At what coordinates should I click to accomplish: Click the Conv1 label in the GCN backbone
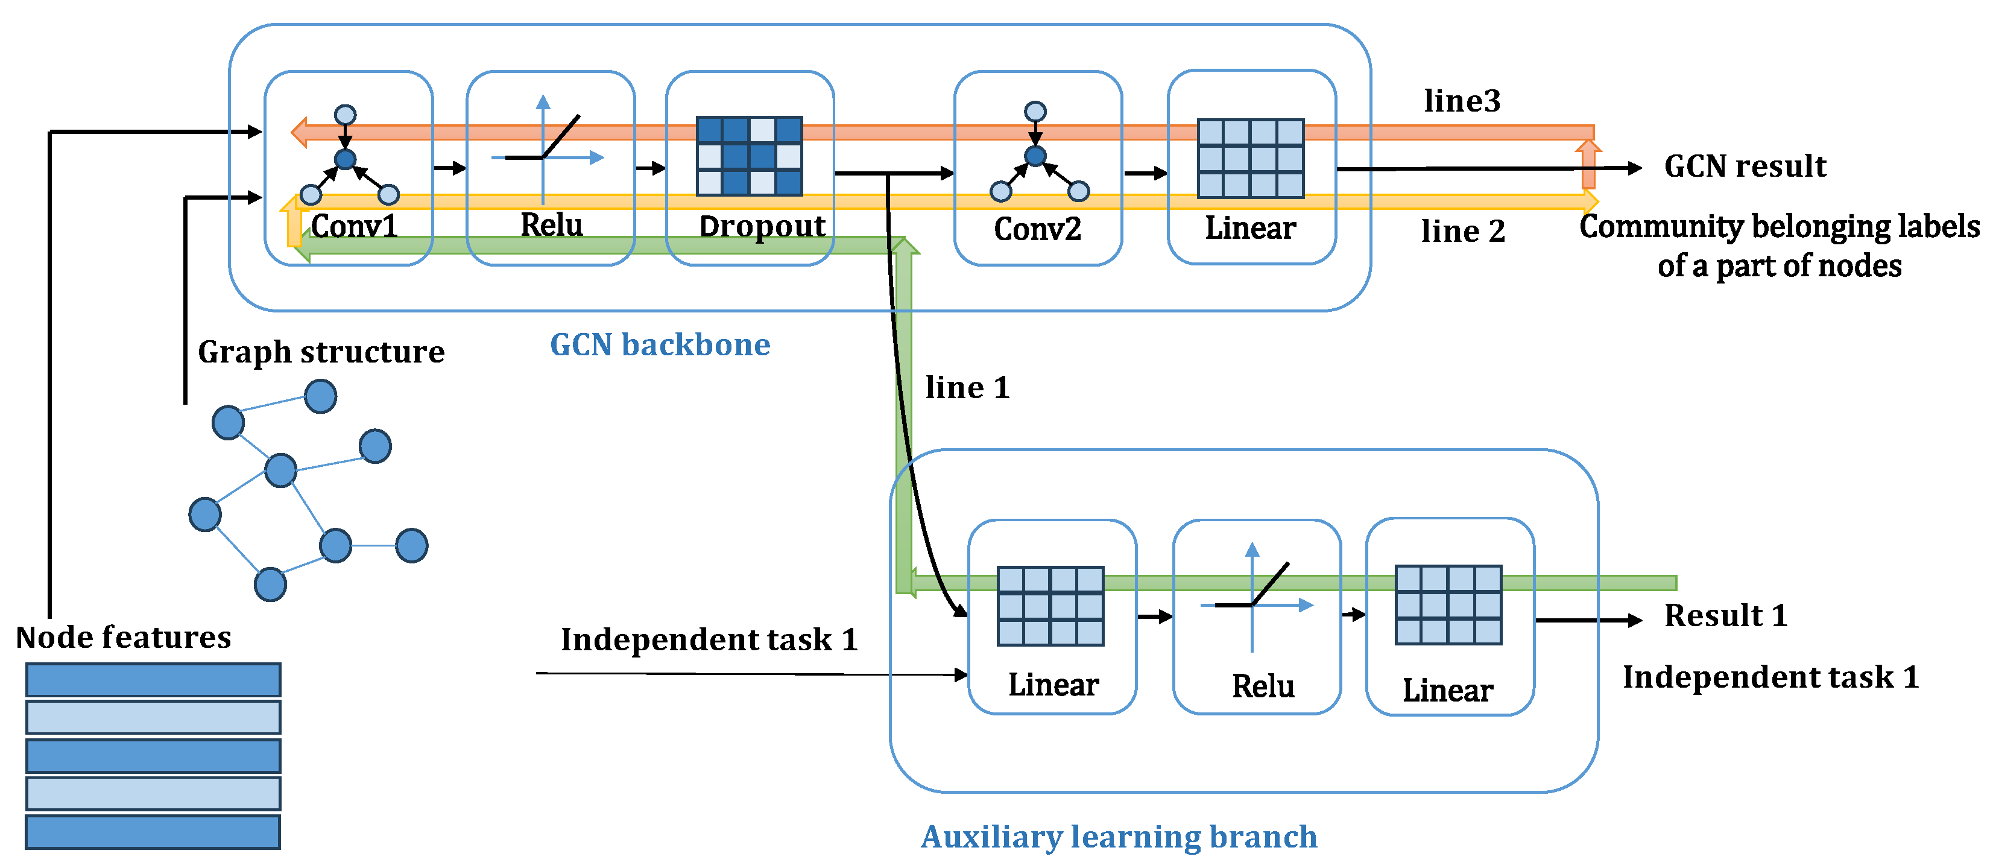click(355, 226)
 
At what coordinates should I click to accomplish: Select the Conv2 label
click(1037, 229)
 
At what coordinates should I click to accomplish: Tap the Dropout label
click(762, 226)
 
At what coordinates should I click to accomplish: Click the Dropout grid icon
click(749, 156)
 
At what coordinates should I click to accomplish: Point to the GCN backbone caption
click(660, 345)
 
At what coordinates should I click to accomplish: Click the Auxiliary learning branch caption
click(1119, 837)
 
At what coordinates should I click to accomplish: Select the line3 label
click(1462, 101)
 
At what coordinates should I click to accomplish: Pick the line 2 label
click(1463, 232)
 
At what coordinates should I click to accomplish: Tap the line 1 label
click(967, 388)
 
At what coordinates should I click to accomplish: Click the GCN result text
click(1745, 166)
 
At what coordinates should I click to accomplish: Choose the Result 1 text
click(1726, 616)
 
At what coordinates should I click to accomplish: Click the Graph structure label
click(321, 352)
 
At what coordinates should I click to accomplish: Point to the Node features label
click(124, 638)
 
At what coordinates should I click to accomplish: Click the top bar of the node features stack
click(153, 680)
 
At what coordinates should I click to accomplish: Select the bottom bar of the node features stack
click(153, 832)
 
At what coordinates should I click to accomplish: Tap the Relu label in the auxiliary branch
click(1263, 686)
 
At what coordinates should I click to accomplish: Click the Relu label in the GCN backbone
click(551, 225)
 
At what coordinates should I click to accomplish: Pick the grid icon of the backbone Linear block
click(1250, 159)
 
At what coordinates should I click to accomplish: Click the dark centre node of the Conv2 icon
click(1035, 156)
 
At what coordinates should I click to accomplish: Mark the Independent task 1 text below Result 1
click(1770, 677)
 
